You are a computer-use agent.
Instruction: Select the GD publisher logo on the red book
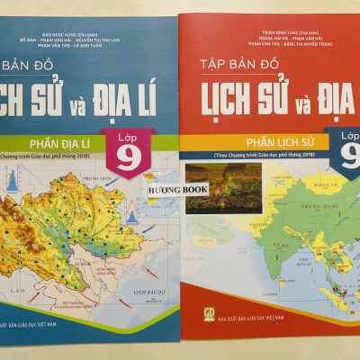click(198, 317)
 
